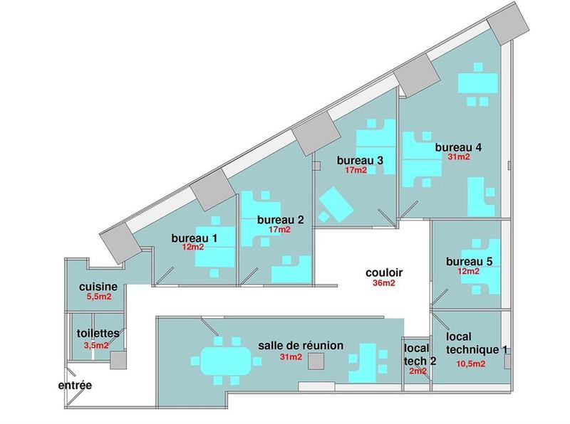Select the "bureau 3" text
point(361,161)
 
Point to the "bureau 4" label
point(459,147)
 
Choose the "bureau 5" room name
point(470,261)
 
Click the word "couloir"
point(385,272)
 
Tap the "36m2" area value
point(384,284)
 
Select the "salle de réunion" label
point(301,345)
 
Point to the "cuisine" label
point(103,287)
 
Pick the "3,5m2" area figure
point(96,345)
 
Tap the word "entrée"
point(76,386)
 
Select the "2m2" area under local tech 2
point(418,371)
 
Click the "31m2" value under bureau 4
point(458,157)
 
